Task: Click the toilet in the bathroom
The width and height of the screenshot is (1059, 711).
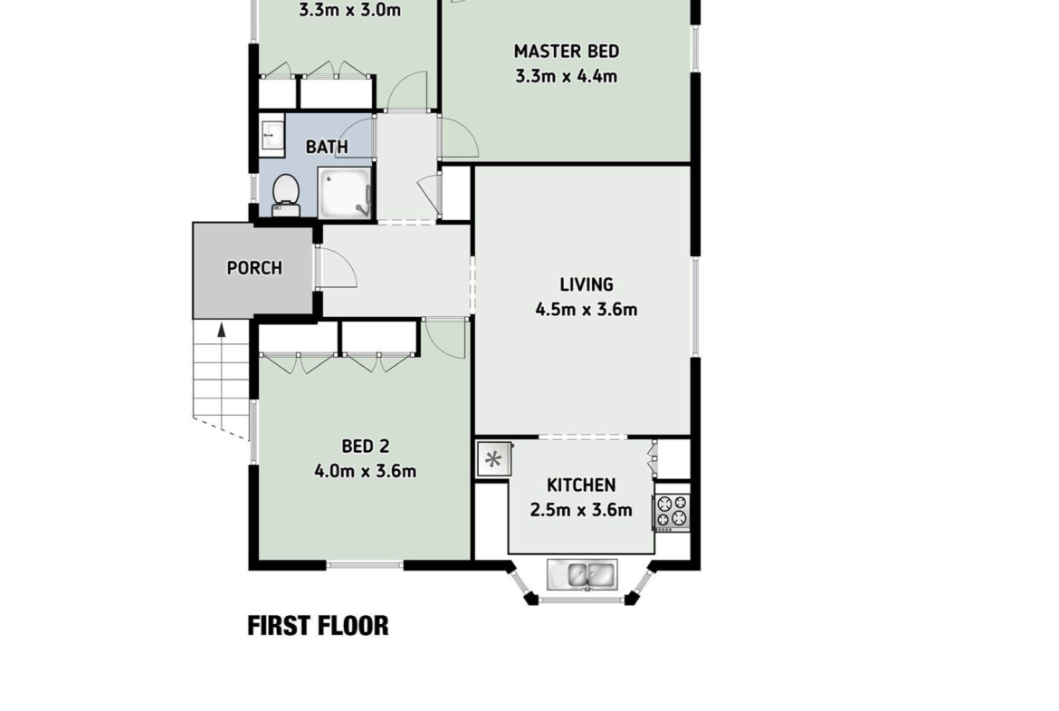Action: click(x=286, y=195)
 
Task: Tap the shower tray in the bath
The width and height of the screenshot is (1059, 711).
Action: click(x=345, y=193)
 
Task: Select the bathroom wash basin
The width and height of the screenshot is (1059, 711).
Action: click(x=272, y=134)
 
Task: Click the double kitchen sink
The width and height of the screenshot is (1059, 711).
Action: click(x=581, y=575)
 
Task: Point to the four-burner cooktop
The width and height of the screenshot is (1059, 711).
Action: click(x=672, y=512)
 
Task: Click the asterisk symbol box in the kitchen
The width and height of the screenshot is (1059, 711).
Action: click(x=493, y=460)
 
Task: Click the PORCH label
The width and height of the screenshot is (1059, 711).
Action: click(x=254, y=268)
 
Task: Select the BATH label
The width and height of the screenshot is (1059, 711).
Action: click(x=327, y=147)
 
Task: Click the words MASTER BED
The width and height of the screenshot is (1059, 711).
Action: click(x=567, y=52)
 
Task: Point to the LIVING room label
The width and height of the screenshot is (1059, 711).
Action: click(x=587, y=284)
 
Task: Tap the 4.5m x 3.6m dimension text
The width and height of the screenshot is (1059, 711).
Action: click(x=587, y=310)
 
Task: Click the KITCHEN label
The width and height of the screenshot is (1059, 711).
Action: click(x=581, y=485)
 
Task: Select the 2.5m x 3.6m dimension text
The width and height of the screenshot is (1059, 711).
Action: click(x=581, y=510)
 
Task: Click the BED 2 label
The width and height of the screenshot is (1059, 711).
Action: click(x=366, y=446)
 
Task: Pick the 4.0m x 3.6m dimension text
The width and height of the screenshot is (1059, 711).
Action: click(x=366, y=471)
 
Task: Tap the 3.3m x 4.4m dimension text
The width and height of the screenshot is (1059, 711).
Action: click(x=567, y=76)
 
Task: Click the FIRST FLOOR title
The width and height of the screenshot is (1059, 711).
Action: click(x=318, y=626)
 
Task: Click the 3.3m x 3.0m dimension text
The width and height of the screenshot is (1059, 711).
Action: click(x=350, y=10)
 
